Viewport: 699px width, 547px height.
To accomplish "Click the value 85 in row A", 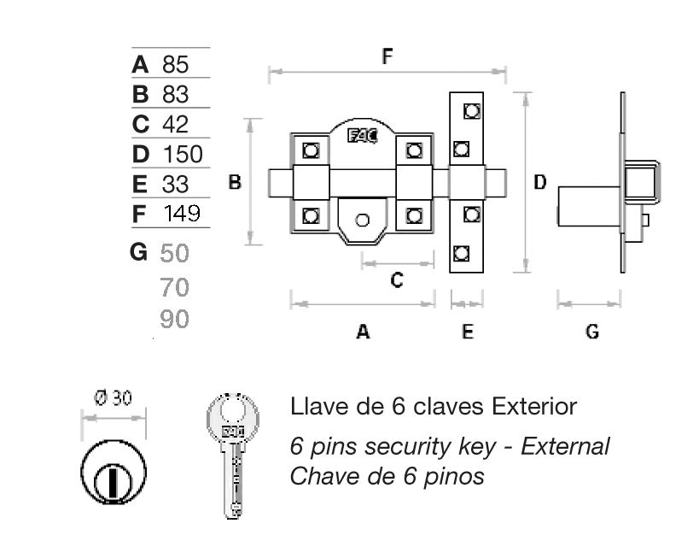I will pos(174,64).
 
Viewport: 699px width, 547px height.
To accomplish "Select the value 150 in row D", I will pos(182,154).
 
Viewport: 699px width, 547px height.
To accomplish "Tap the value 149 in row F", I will pos(181,213).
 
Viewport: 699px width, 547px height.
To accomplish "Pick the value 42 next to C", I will pos(174,124).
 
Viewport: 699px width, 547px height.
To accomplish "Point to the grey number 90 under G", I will pos(174,320).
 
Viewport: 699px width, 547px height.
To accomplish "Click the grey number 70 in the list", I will pos(174,287).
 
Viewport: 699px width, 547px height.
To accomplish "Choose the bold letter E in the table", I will pos(140,184).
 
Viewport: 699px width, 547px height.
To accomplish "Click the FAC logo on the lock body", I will pos(362,135).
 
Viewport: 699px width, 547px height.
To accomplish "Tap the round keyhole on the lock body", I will pos(363,221).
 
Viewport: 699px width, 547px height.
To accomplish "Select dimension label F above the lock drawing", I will pos(387,57).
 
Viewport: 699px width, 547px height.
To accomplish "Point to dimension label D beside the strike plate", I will pos(539,182).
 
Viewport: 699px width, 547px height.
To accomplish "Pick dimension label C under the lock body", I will pos(396,279).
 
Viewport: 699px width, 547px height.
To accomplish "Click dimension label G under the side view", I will pos(592,332).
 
